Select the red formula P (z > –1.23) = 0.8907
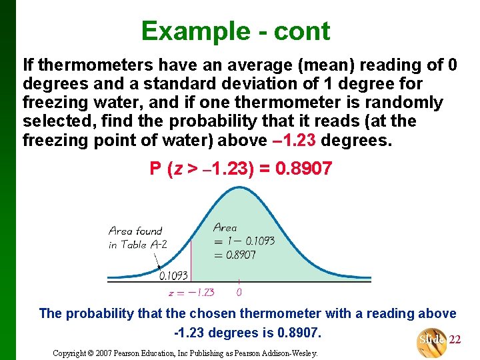point(241,169)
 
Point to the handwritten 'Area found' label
point(135,231)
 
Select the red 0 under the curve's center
point(239,291)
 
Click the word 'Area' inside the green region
point(225,227)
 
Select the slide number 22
point(455,339)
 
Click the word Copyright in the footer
point(73,352)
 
